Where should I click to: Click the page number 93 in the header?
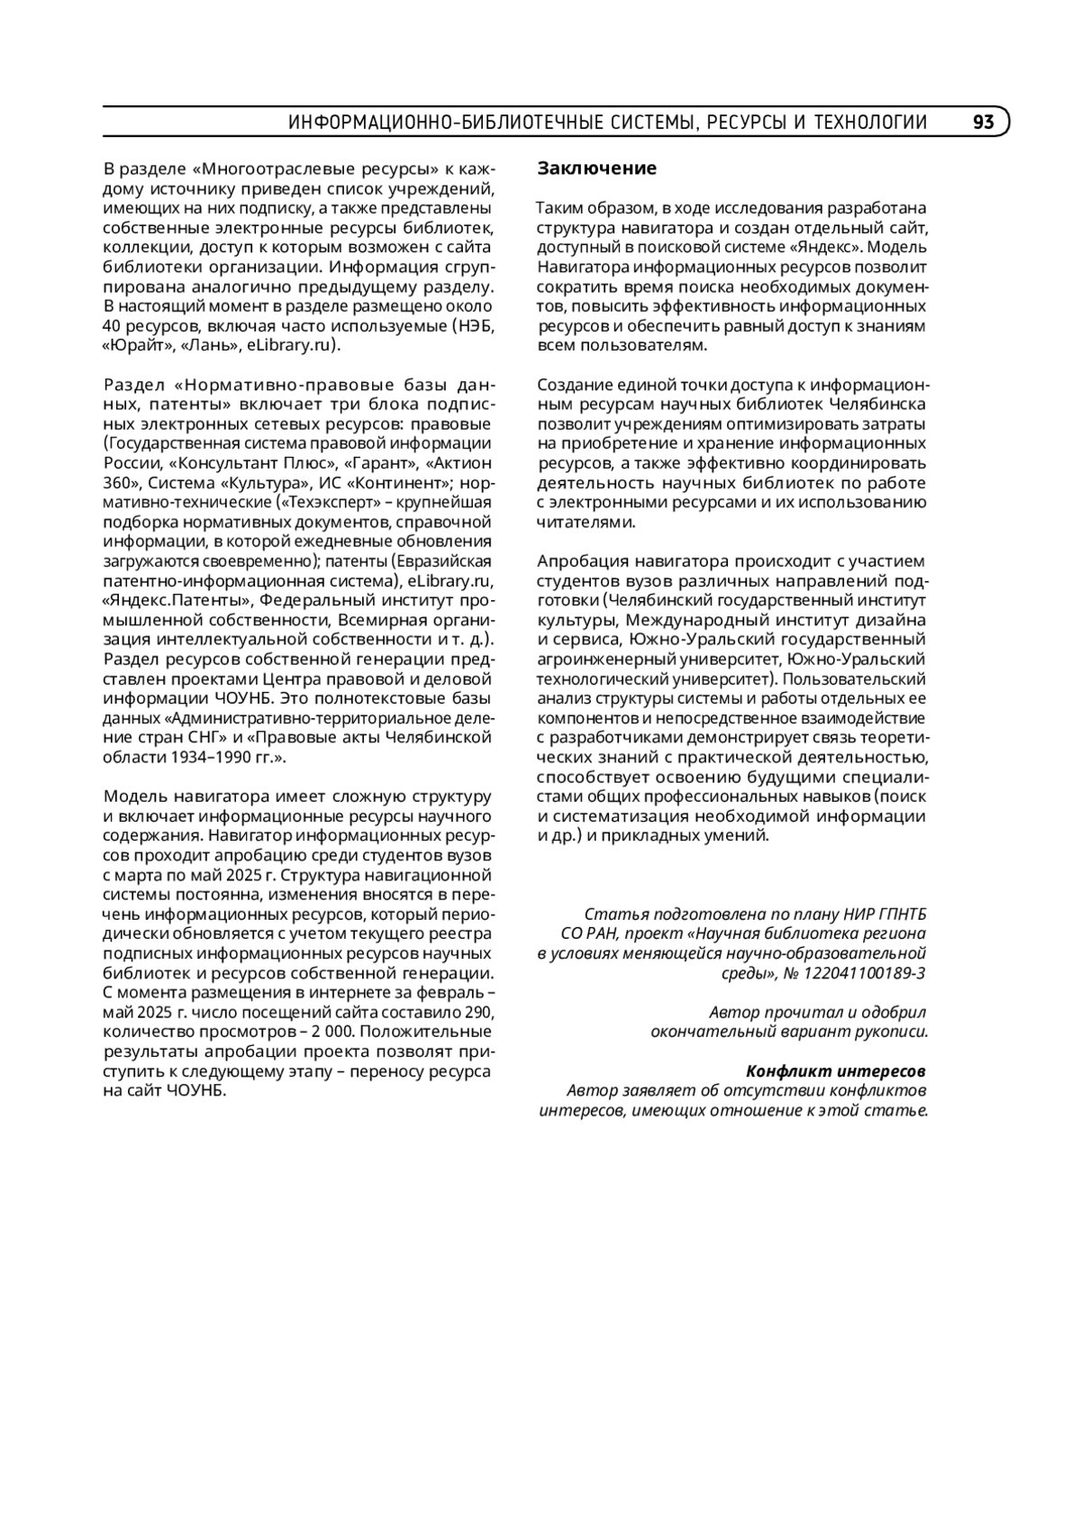pyautogui.click(x=983, y=123)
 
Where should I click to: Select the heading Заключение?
pyautogui.click(x=597, y=168)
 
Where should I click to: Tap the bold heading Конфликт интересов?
pyautogui.click(x=836, y=1071)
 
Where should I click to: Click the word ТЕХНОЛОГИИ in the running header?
pyautogui.click(x=870, y=123)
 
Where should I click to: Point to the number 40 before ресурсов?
pyautogui.click(x=113, y=325)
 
